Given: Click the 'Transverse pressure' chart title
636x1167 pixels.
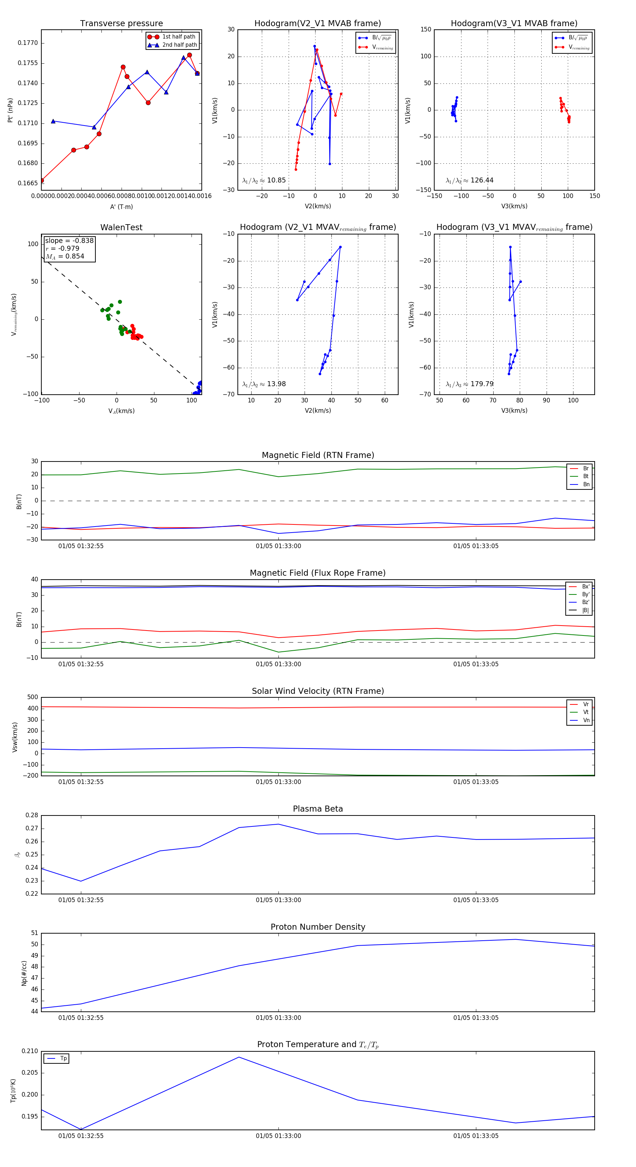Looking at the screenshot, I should [121, 24].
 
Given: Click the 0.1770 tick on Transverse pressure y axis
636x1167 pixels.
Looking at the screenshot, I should [28, 43].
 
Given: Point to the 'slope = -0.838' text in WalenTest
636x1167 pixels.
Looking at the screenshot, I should [69, 240].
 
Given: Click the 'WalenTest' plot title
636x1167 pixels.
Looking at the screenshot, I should [121, 227].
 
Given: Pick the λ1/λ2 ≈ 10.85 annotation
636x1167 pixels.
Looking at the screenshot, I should [264, 180].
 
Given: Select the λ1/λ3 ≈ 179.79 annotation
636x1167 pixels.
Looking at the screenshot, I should [470, 384].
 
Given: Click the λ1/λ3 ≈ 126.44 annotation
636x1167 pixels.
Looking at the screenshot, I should [470, 180].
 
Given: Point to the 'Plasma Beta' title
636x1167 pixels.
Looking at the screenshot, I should [318, 809].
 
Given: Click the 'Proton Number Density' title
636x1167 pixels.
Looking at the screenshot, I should [318, 927].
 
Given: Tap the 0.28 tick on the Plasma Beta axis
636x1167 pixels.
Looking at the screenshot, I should [32, 815].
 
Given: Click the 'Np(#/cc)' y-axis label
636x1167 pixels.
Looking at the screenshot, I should [24, 973].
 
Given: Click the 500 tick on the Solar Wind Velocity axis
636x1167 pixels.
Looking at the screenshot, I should [33, 697].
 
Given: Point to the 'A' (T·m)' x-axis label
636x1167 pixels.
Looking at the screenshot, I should [121, 207].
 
